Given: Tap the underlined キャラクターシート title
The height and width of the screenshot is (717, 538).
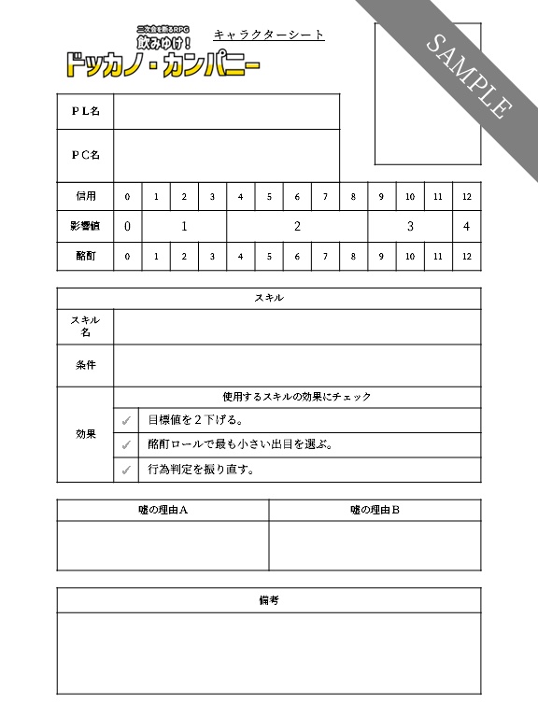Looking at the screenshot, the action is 269,35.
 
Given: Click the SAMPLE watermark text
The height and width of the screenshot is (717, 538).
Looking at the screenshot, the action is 469,76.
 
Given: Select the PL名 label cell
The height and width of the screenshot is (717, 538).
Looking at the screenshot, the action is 85,111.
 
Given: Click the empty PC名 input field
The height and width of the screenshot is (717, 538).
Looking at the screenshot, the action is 226,155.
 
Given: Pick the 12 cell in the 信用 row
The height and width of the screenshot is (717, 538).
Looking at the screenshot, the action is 466,197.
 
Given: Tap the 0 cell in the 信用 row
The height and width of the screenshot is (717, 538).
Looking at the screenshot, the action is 127,197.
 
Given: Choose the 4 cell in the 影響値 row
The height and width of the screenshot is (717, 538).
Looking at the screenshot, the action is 466,226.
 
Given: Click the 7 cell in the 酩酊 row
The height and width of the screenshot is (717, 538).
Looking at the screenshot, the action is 325,256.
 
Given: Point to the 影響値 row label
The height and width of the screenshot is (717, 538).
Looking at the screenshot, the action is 85,226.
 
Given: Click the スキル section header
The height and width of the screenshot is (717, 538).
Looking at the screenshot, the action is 269,298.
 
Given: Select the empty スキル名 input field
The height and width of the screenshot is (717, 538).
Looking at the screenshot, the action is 297,327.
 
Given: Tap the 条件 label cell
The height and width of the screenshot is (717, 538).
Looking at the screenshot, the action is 85,365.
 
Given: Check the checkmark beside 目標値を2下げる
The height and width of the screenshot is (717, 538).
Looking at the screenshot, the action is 126,420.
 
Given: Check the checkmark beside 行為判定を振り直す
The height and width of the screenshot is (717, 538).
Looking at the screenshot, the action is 126,470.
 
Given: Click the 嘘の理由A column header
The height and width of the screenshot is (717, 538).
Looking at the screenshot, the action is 163,510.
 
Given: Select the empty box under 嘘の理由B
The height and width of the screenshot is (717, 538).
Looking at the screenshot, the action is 375,545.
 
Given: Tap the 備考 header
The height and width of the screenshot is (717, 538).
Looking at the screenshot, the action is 269,600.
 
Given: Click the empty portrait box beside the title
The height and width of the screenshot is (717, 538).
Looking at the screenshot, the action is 428,93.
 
